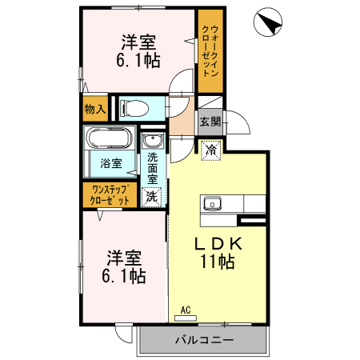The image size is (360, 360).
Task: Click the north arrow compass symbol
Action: coord(267,22)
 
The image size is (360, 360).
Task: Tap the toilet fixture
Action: coord(134,109)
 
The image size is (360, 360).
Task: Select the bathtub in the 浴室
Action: coord(110,138)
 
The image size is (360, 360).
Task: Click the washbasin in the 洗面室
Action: coord(153,140)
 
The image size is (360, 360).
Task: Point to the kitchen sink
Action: coord(213,204)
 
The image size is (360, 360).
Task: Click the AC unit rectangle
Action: coord(186,318)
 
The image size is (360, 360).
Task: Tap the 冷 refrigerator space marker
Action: coord(211,150)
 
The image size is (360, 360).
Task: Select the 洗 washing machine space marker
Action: coord(152,197)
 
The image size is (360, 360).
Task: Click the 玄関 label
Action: coord(210,122)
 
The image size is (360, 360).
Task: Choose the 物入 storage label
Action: coord(95,109)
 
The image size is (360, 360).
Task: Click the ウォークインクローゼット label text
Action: coord(210,50)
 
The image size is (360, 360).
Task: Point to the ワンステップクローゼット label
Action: coord(110,195)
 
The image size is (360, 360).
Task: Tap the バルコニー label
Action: coord(204,340)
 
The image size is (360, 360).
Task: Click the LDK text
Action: coord(218,243)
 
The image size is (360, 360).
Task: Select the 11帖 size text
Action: coord(218,262)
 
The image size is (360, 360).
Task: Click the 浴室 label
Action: coord(111,163)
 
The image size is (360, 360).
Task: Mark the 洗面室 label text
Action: coord(153,168)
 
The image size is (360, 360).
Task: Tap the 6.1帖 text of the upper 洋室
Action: coord(138,61)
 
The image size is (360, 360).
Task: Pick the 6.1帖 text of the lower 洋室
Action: coord(124,276)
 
